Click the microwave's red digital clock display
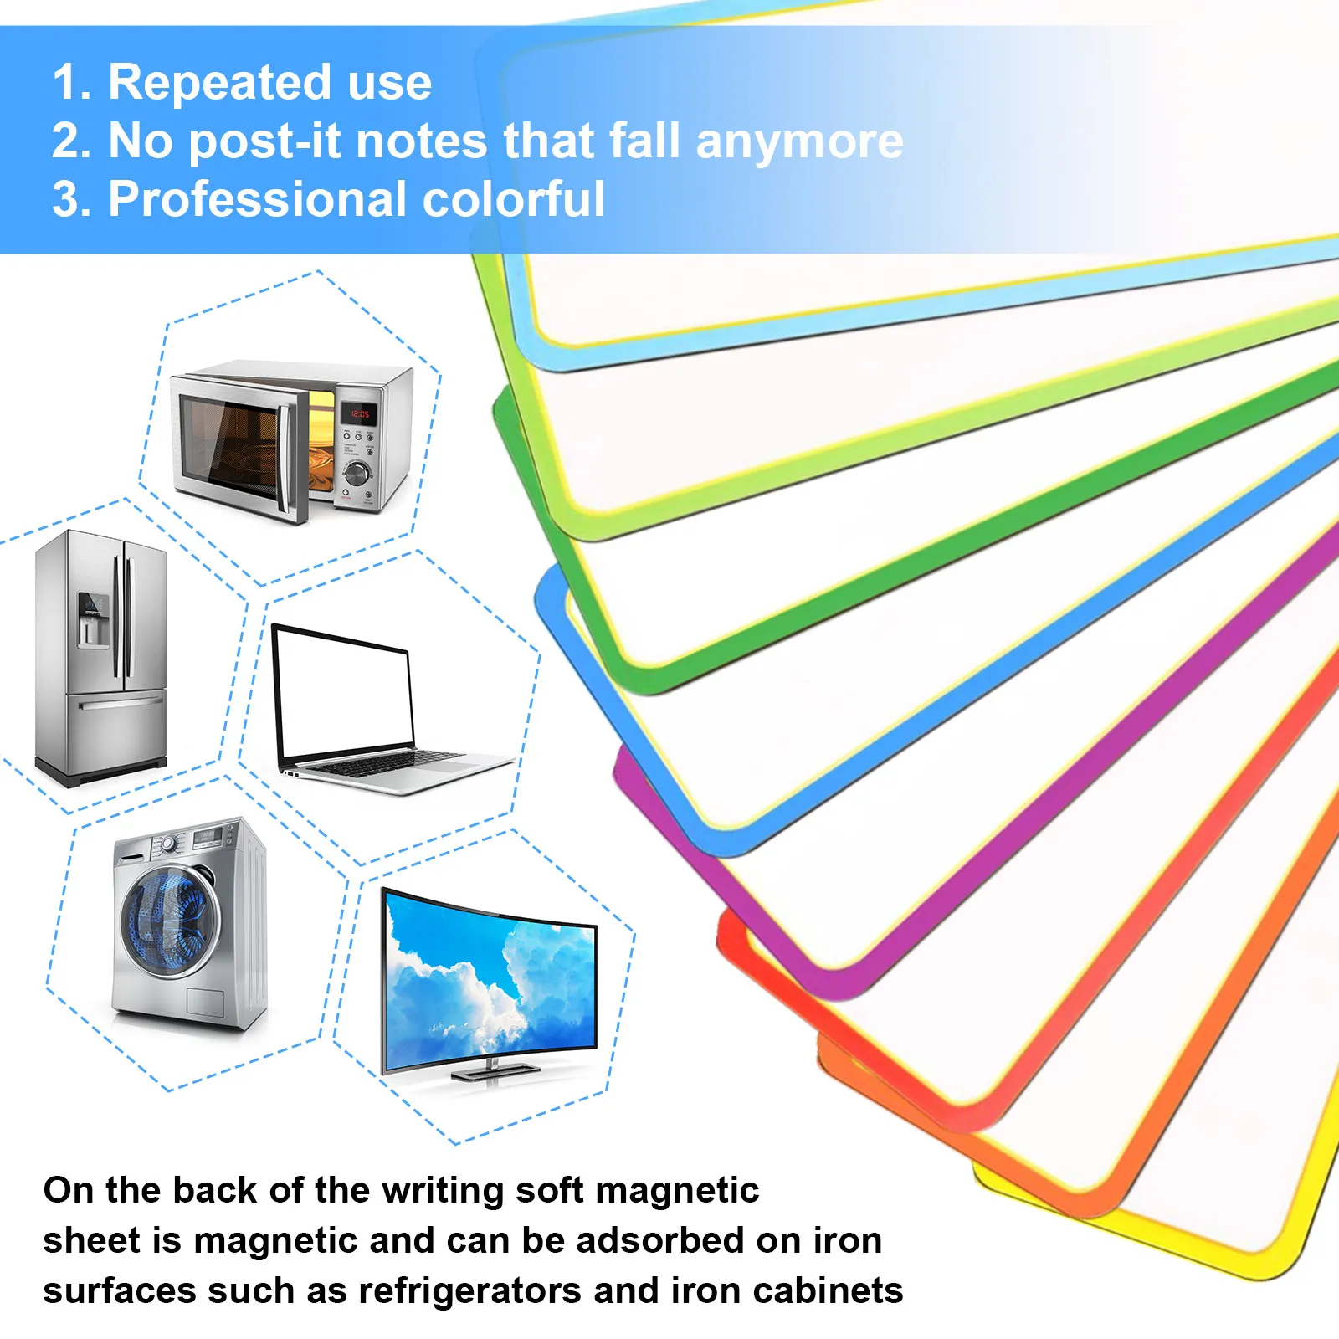(360, 413)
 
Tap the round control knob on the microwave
(357, 473)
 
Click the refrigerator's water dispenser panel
(92, 619)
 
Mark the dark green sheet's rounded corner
(505, 410)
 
